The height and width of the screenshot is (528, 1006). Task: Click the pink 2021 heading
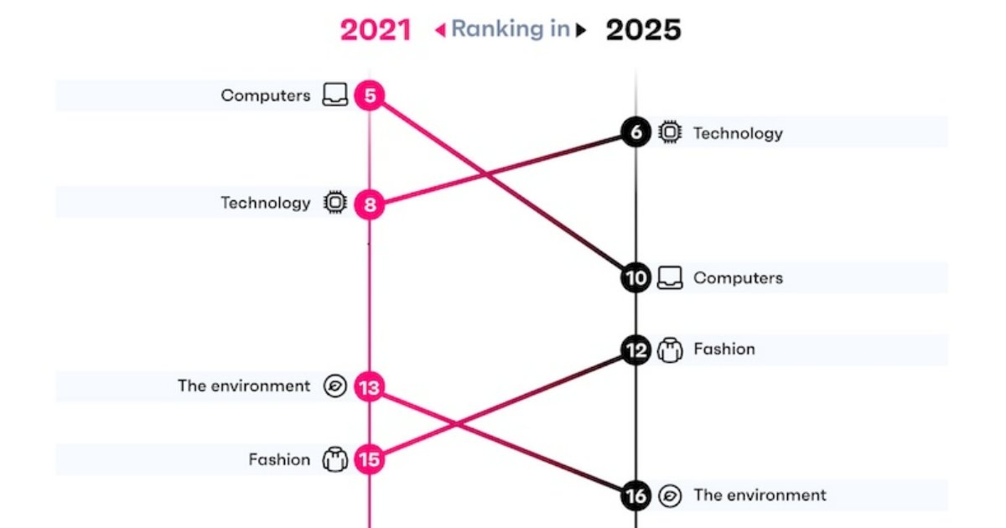coord(375,30)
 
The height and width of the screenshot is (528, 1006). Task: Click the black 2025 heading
coord(644,30)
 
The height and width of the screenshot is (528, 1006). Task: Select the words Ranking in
coord(510,29)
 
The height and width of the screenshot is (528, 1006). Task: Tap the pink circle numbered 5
coord(369,96)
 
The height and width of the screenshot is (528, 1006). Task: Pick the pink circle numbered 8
coord(369,203)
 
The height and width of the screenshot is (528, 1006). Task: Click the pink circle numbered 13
coord(369,386)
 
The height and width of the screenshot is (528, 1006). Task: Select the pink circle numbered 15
coord(369,459)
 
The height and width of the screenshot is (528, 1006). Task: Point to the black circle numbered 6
coord(636,132)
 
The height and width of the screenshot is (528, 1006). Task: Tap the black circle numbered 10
coord(636,277)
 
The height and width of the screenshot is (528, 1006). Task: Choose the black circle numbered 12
coord(636,349)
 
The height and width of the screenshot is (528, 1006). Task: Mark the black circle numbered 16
coord(636,495)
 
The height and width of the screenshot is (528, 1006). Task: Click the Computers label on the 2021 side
coord(265,96)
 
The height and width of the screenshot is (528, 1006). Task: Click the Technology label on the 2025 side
coord(738,133)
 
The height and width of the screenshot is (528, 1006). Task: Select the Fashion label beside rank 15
coord(279,459)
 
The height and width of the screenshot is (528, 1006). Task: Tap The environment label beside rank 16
coord(760,495)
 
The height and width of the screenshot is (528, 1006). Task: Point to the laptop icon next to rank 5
coord(335,96)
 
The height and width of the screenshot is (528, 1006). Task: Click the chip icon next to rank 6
coord(669,132)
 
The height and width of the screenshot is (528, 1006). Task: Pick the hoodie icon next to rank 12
coord(670,349)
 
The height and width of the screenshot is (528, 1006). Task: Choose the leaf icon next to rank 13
coord(335,386)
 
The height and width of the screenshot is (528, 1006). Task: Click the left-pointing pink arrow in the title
coord(438,31)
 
